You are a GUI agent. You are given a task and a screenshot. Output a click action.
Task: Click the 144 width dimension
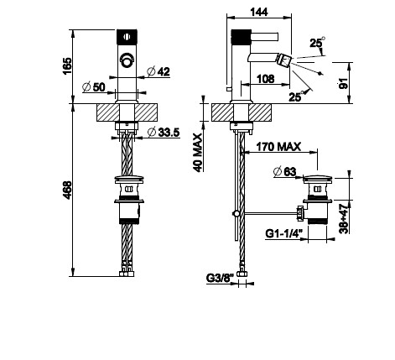tap(259, 12)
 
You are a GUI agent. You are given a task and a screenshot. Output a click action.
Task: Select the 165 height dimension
tap(67, 66)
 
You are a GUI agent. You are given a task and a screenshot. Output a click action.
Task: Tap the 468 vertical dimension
tap(67, 190)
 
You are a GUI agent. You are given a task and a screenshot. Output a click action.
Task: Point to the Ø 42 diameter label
tap(159, 71)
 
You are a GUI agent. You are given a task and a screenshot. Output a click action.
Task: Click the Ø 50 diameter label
tap(94, 87)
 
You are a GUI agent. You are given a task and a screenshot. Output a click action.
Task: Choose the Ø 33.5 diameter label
tap(164, 132)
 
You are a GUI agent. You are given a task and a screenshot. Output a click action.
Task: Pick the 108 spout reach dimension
tap(265, 79)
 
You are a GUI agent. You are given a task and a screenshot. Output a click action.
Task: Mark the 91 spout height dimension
tap(344, 83)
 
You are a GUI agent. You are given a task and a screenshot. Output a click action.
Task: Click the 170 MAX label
tap(278, 147)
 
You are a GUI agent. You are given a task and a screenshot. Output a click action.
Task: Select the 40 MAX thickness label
tap(198, 153)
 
